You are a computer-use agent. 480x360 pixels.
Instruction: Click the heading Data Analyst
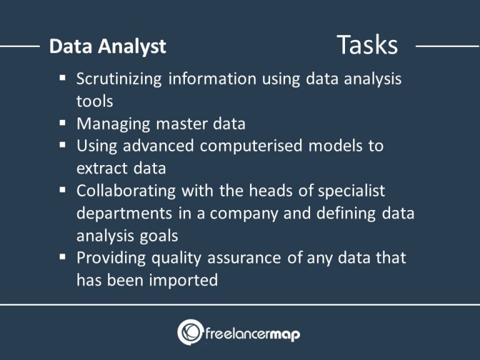tap(107, 46)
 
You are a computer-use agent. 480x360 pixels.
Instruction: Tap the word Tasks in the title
tap(367, 45)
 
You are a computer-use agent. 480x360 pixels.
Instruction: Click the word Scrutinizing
tap(119, 79)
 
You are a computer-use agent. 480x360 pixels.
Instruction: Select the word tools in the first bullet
tap(94, 101)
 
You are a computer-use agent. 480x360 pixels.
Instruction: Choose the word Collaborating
tap(126, 191)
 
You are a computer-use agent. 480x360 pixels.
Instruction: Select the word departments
tap(124, 213)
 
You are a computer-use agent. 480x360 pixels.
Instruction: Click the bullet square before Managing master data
tap(62, 123)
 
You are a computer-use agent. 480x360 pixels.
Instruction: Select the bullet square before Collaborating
tap(62, 190)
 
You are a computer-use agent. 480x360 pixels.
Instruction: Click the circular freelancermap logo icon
tap(190, 332)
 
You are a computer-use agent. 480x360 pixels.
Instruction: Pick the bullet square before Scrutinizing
tap(62, 79)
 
